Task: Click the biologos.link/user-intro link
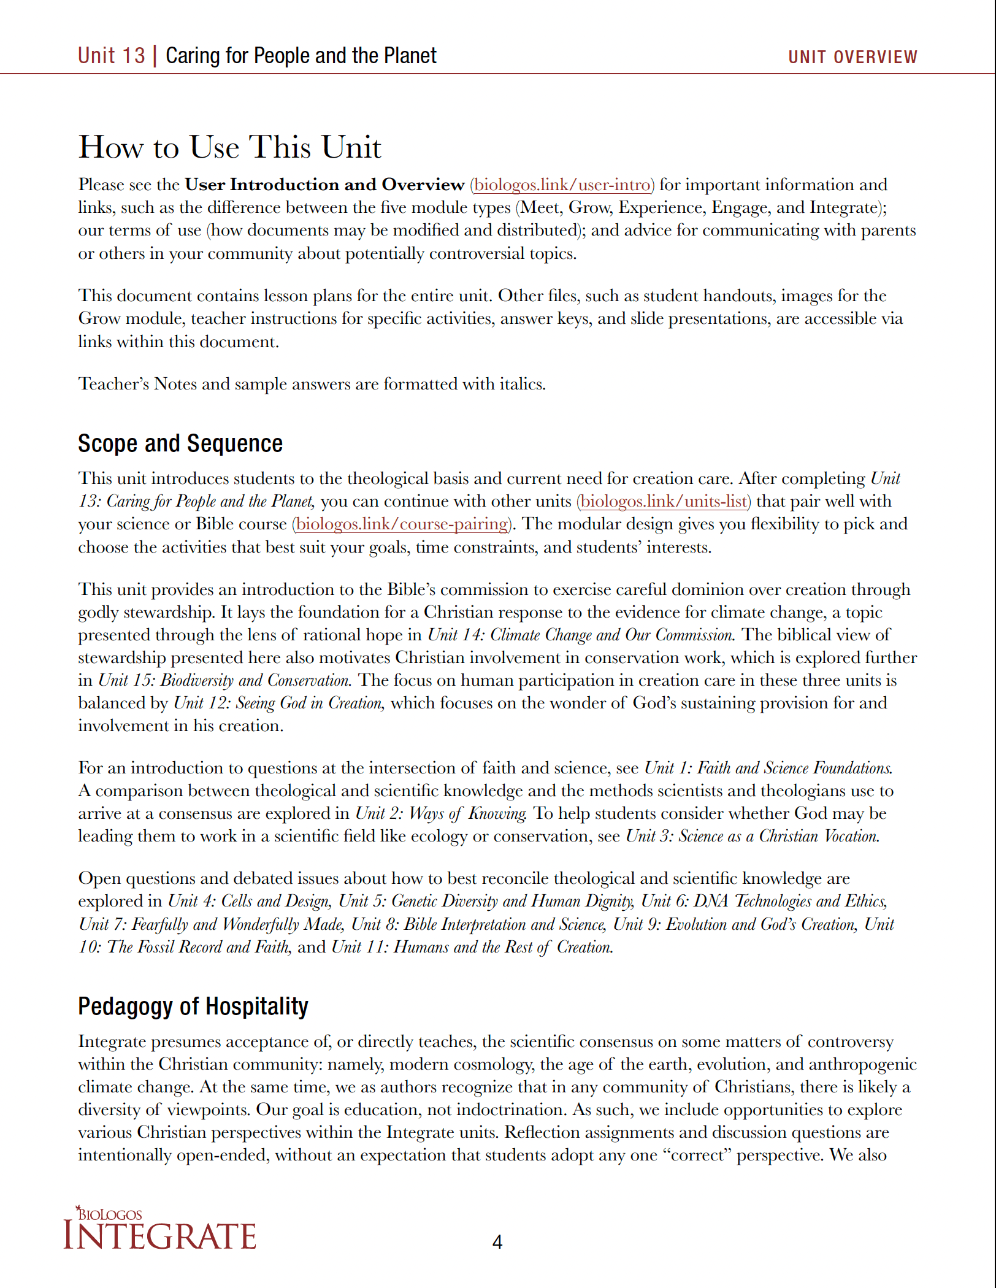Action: tap(562, 185)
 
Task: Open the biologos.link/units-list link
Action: tap(664, 501)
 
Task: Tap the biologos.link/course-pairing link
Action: tap(402, 524)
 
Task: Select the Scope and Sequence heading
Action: tap(180, 443)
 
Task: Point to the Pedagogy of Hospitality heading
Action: tap(193, 1006)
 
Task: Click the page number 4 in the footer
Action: tap(497, 1242)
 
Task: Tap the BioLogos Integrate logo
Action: tap(160, 1229)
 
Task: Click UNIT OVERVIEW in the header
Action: tap(852, 57)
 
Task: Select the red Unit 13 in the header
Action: tap(111, 56)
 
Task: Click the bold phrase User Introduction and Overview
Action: tap(324, 185)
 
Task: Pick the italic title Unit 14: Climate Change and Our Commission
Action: tap(580, 635)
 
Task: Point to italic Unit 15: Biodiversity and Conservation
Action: tap(224, 680)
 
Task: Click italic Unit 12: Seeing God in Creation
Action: tap(279, 703)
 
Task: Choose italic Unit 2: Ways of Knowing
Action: tap(440, 813)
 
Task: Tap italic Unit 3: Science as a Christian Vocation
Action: tap(752, 836)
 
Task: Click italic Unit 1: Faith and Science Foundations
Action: tap(768, 768)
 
